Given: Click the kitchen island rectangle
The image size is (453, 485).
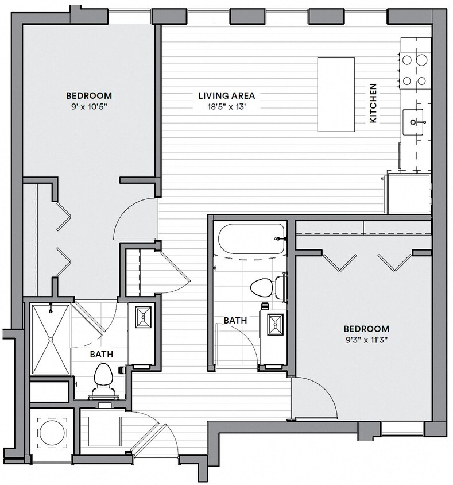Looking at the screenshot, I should (336, 94).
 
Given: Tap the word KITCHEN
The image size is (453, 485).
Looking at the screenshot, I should (373, 103).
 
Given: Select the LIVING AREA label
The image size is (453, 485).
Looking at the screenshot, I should (226, 96).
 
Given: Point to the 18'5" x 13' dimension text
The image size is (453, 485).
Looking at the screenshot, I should (226, 106).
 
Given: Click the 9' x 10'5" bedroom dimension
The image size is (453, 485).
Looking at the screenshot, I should (88, 106).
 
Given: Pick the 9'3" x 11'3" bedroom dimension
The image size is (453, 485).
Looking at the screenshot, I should (366, 340).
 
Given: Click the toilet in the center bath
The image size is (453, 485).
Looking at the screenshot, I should (268, 287).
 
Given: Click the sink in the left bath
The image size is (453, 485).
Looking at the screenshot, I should (142, 317).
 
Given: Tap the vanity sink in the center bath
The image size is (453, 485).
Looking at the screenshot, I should (273, 324).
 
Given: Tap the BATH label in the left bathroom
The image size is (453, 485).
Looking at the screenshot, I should (101, 355).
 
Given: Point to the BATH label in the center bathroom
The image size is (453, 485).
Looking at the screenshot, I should (235, 320).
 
